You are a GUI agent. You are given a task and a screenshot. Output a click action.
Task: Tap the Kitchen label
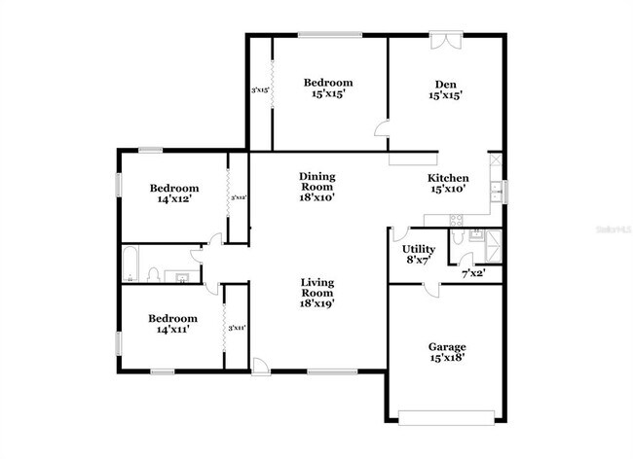point(449,179)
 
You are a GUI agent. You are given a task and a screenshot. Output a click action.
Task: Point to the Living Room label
point(316,288)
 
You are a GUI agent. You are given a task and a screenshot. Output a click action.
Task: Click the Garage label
point(447,347)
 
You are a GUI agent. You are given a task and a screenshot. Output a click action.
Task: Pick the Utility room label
point(419,250)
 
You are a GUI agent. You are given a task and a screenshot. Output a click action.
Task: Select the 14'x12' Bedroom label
point(173,188)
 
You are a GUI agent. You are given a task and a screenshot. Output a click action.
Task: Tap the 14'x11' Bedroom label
point(172,318)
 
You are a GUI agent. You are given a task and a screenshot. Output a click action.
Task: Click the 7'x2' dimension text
point(472,274)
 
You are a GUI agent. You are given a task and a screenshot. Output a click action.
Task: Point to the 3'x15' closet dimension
point(260,90)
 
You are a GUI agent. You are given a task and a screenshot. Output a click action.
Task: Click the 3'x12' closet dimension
point(237,197)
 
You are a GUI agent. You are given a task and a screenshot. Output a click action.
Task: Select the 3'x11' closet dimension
point(236,328)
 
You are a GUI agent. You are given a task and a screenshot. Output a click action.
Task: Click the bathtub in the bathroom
point(132,263)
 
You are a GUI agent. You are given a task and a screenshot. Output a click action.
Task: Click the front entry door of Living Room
point(260,366)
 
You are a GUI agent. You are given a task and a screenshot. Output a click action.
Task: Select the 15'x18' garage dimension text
point(447,358)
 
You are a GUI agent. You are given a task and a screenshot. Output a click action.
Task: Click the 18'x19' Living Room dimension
point(316,303)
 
